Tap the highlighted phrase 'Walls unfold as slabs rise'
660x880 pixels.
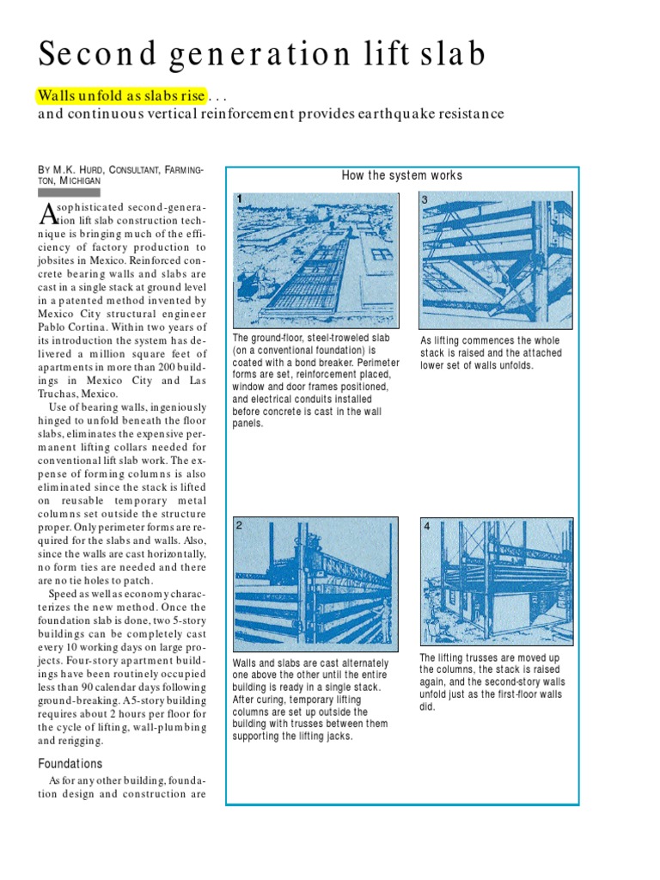120,95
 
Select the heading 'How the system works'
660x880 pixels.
401,175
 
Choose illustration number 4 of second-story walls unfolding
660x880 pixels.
496,580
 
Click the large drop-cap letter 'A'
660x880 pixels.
49,215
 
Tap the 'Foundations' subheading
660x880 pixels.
70,763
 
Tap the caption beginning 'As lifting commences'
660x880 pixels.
491,352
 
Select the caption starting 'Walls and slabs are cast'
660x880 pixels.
310,700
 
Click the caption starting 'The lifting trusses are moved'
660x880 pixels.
492,681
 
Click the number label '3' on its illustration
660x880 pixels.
425,199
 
